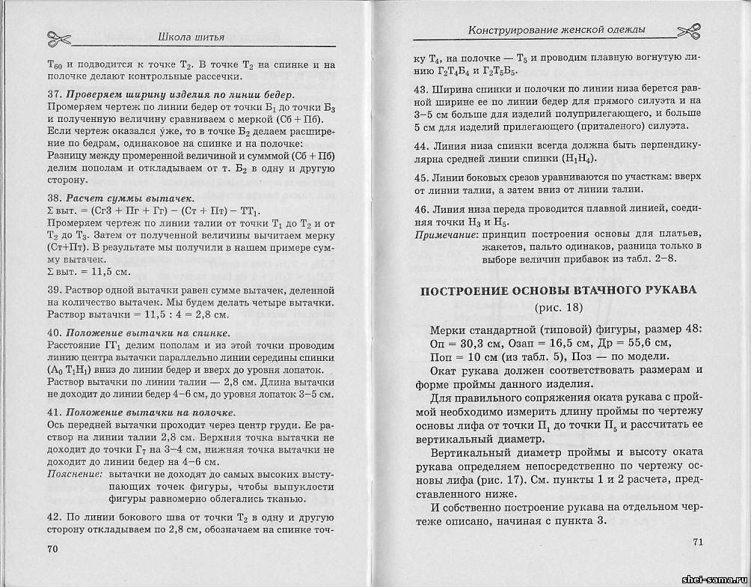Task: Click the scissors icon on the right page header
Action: coord(689,30)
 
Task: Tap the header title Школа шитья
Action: coord(191,38)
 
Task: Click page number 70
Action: coord(52,548)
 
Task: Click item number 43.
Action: coord(421,89)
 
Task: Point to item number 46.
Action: coord(421,207)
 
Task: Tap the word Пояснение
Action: coord(74,475)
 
